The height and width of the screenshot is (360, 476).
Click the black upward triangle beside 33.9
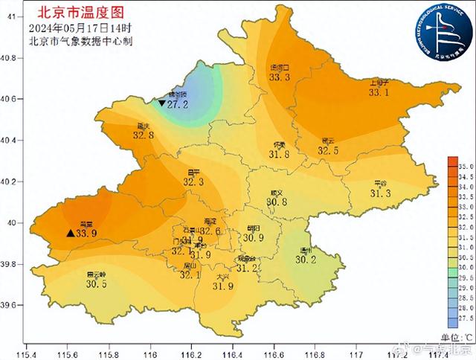70,233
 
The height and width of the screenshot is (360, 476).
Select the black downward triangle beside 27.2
161,103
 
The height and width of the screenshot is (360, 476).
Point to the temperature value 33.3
279,77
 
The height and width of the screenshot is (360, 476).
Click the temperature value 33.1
379,92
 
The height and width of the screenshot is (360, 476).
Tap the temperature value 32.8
143,135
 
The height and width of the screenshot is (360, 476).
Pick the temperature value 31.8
279,154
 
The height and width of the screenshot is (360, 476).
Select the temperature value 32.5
328,150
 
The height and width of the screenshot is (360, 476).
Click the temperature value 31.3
380,193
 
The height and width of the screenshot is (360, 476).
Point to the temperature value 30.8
277,202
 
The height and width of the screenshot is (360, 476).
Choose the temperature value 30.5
96,283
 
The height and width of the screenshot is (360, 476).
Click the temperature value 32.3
193,181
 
